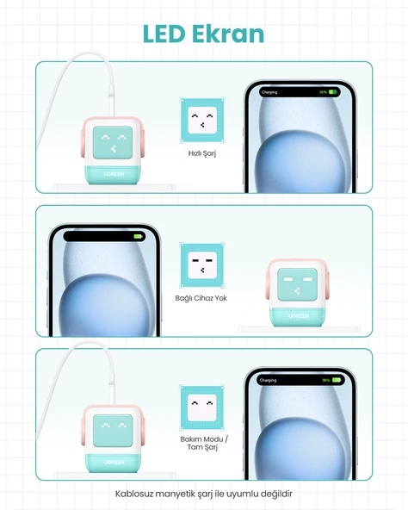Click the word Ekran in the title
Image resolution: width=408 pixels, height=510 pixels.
(x=228, y=34)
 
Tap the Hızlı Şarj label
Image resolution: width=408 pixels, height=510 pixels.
(x=202, y=153)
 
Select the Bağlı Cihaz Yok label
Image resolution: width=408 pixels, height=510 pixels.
(x=201, y=298)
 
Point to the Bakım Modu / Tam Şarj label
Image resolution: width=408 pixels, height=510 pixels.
(x=204, y=443)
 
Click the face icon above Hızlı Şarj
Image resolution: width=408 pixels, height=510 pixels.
(x=202, y=120)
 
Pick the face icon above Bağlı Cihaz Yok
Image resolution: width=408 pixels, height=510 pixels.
(x=202, y=265)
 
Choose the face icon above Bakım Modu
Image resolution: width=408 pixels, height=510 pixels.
(x=202, y=407)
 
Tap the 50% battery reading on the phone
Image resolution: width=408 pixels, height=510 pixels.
(x=323, y=92)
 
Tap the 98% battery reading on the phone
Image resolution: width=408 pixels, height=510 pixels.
(x=325, y=380)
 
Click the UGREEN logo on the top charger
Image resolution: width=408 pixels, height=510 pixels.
(x=114, y=174)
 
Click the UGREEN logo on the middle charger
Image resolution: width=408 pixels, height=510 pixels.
(x=299, y=316)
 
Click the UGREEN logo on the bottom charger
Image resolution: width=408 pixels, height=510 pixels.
(x=114, y=462)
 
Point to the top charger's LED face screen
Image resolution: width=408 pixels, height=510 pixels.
(x=113, y=142)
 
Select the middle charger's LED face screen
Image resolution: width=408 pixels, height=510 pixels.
(x=298, y=284)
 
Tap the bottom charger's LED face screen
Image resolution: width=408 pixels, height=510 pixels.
(x=113, y=431)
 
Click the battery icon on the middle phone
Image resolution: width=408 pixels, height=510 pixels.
(x=139, y=236)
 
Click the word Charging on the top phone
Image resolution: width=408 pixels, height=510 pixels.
(x=269, y=92)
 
